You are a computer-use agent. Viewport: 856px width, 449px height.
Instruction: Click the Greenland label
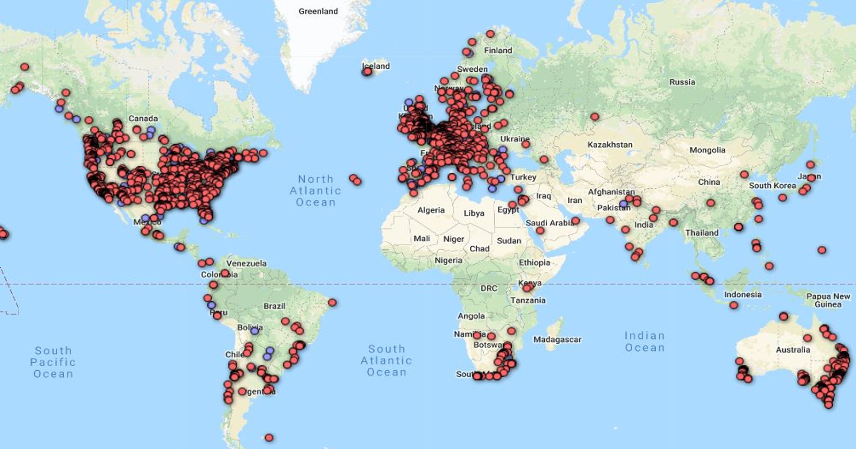coord(318,11)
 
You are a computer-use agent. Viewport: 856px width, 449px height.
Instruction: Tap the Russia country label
coord(682,82)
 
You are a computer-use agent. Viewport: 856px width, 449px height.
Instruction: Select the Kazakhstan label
coord(610,145)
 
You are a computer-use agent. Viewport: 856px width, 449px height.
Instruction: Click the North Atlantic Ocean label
coord(315,191)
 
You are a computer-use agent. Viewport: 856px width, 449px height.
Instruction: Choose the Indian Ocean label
coord(645,342)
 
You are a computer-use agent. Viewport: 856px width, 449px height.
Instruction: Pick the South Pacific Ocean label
coord(53,362)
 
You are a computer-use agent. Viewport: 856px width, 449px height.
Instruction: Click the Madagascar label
coord(557,340)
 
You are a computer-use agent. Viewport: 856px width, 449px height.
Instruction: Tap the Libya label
coord(474,213)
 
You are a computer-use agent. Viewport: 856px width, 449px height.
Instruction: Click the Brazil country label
coord(274,306)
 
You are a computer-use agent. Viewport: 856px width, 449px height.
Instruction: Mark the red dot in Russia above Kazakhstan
coord(594,117)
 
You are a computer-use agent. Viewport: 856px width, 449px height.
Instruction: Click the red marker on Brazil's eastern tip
coord(332,303)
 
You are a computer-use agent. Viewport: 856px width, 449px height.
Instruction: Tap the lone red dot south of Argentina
coord(269,438)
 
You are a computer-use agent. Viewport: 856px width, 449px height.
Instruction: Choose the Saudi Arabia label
coord(550,223)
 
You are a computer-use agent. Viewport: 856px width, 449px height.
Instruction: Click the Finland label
coord(498,51)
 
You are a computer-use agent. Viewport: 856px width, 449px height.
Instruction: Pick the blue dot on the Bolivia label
coord(255,331)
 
